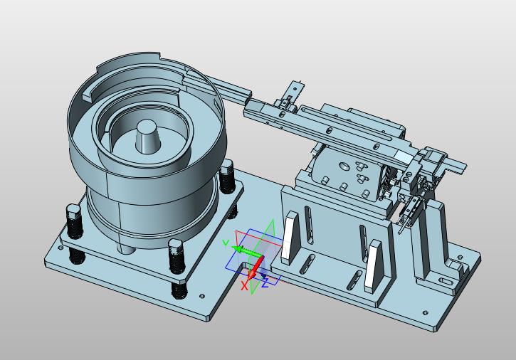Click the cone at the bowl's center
coord(147,137)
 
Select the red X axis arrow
coord(256,268)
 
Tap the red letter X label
coord(244,285)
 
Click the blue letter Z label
coord(265,282)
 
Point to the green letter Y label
coord(226,243)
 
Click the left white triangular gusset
coord(290,238)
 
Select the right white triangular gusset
coord(374,266)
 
